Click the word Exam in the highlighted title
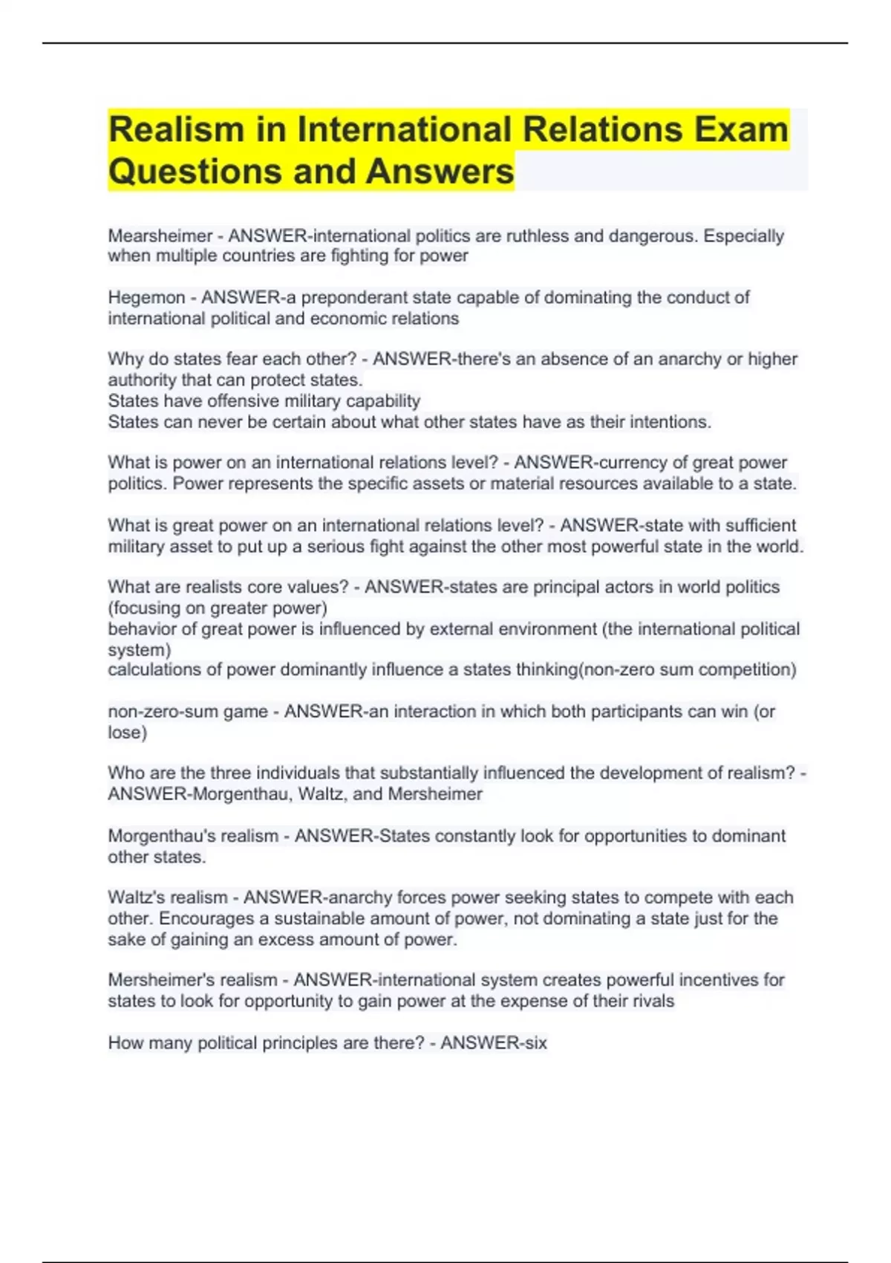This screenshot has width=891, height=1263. point(740,129)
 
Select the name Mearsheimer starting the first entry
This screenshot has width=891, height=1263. point(160,236)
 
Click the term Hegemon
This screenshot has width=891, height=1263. point(146,297)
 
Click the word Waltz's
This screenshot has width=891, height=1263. point(141,897)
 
